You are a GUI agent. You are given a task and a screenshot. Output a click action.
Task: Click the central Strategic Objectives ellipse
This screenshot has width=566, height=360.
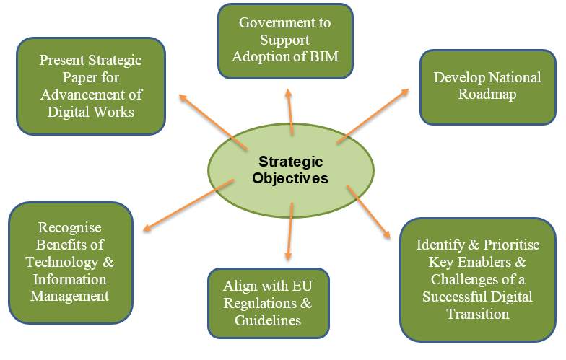(290, 170)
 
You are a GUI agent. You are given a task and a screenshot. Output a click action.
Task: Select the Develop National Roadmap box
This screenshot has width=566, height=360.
(488, 87)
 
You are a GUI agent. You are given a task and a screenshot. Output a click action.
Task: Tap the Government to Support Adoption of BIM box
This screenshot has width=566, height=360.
(285, 40)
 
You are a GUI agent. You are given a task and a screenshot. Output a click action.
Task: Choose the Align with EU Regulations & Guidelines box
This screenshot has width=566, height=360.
(269, 303)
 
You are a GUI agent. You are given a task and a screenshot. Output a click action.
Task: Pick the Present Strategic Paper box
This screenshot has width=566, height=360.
(91, 87)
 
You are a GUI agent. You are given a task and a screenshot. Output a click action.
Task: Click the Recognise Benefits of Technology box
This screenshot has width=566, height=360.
(71, 263)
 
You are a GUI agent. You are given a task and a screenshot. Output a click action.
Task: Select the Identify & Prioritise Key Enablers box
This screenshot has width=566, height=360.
(478, 280)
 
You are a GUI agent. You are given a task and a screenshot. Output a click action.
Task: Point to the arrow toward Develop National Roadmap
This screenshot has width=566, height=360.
(373, 116)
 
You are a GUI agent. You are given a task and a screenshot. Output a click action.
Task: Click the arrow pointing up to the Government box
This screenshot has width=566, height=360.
(289, 113)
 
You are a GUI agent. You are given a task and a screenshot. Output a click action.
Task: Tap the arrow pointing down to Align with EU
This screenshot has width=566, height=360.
(289, 232)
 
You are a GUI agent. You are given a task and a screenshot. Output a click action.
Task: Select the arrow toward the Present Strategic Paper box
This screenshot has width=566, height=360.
(214, 122)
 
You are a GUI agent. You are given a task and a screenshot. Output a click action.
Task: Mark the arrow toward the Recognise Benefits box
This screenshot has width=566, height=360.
(188, 205)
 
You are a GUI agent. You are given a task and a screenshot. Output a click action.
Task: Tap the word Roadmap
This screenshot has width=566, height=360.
(487, 95)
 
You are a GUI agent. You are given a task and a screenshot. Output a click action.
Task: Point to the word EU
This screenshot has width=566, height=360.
(302, 286)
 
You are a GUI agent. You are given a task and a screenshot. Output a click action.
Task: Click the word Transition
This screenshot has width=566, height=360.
(478, 313)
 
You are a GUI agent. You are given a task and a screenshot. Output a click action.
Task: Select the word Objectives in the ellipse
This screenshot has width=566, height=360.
(290, 178)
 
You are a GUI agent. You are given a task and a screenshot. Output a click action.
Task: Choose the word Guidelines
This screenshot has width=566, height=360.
(268, 320)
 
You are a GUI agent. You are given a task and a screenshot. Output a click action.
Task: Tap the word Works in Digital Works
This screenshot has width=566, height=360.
(114, 112)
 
